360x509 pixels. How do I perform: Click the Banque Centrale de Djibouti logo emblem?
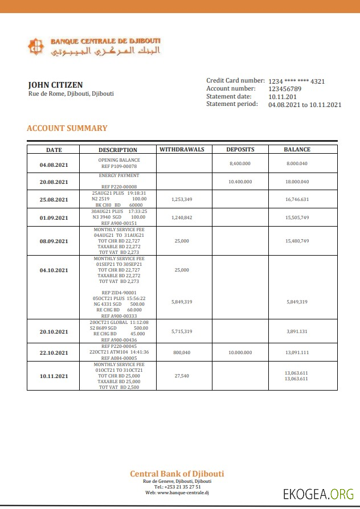point(36,47)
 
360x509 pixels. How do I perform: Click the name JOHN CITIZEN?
point(55,85)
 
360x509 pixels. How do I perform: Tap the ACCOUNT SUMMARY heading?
point(67,128)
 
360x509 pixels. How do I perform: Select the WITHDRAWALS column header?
point(182,150)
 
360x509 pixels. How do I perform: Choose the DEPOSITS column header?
point(240,150)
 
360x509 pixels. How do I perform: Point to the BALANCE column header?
point(297,150)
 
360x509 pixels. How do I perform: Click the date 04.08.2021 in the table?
point(54,165)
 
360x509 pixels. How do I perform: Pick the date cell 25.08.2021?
point(54,200)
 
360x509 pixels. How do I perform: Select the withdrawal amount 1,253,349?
point(182,199)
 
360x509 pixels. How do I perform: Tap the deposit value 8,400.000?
point(240,163)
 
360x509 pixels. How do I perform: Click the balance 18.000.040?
point(297,182)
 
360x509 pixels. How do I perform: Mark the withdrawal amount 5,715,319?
point(182,331)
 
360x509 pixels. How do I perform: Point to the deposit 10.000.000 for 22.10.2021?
point(240,352)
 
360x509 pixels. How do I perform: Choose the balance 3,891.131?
point(297,331)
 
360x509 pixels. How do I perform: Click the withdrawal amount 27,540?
point(182,376)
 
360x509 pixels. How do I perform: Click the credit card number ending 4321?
point(296,81)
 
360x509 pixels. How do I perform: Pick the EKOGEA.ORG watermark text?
point(318,494)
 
